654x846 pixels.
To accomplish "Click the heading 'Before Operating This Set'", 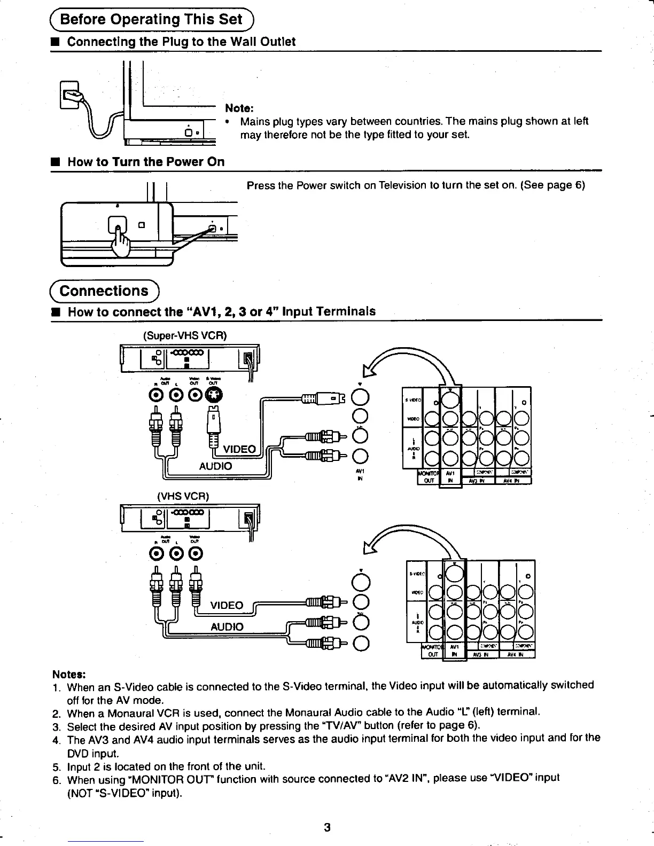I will (x=151, y=20).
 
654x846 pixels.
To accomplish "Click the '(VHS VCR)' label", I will (x=182, y=496).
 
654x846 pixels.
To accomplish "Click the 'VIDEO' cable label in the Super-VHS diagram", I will (x=240, y=449).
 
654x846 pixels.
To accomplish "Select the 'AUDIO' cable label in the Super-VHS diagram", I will (x=215, y=466).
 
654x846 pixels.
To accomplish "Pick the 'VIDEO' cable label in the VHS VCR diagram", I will (x=227, y=605).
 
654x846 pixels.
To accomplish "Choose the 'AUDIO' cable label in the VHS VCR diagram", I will (x=227, y=626).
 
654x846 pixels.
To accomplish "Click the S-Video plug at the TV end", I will (x=321, y=397).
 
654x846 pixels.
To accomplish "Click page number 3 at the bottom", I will (x=328, y=827).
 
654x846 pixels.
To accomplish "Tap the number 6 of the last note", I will (x=56, y=778).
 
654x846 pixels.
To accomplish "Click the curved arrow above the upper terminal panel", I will (x=406, y=355).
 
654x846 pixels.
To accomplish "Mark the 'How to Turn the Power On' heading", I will (x=145, y=162).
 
